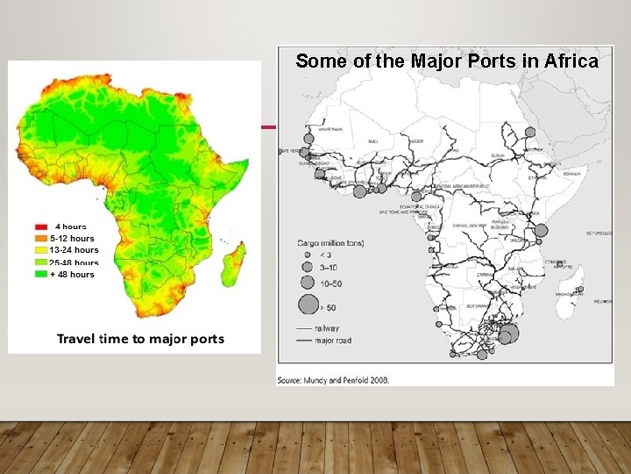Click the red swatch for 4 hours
40,226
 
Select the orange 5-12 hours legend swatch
40,238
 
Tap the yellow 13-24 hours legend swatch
40,250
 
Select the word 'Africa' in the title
571,61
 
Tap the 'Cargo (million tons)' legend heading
331,243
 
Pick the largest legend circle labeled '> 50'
308,305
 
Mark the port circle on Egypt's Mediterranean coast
529,132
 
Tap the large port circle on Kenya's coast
541,230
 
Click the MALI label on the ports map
374,141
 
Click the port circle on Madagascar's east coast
579,290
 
